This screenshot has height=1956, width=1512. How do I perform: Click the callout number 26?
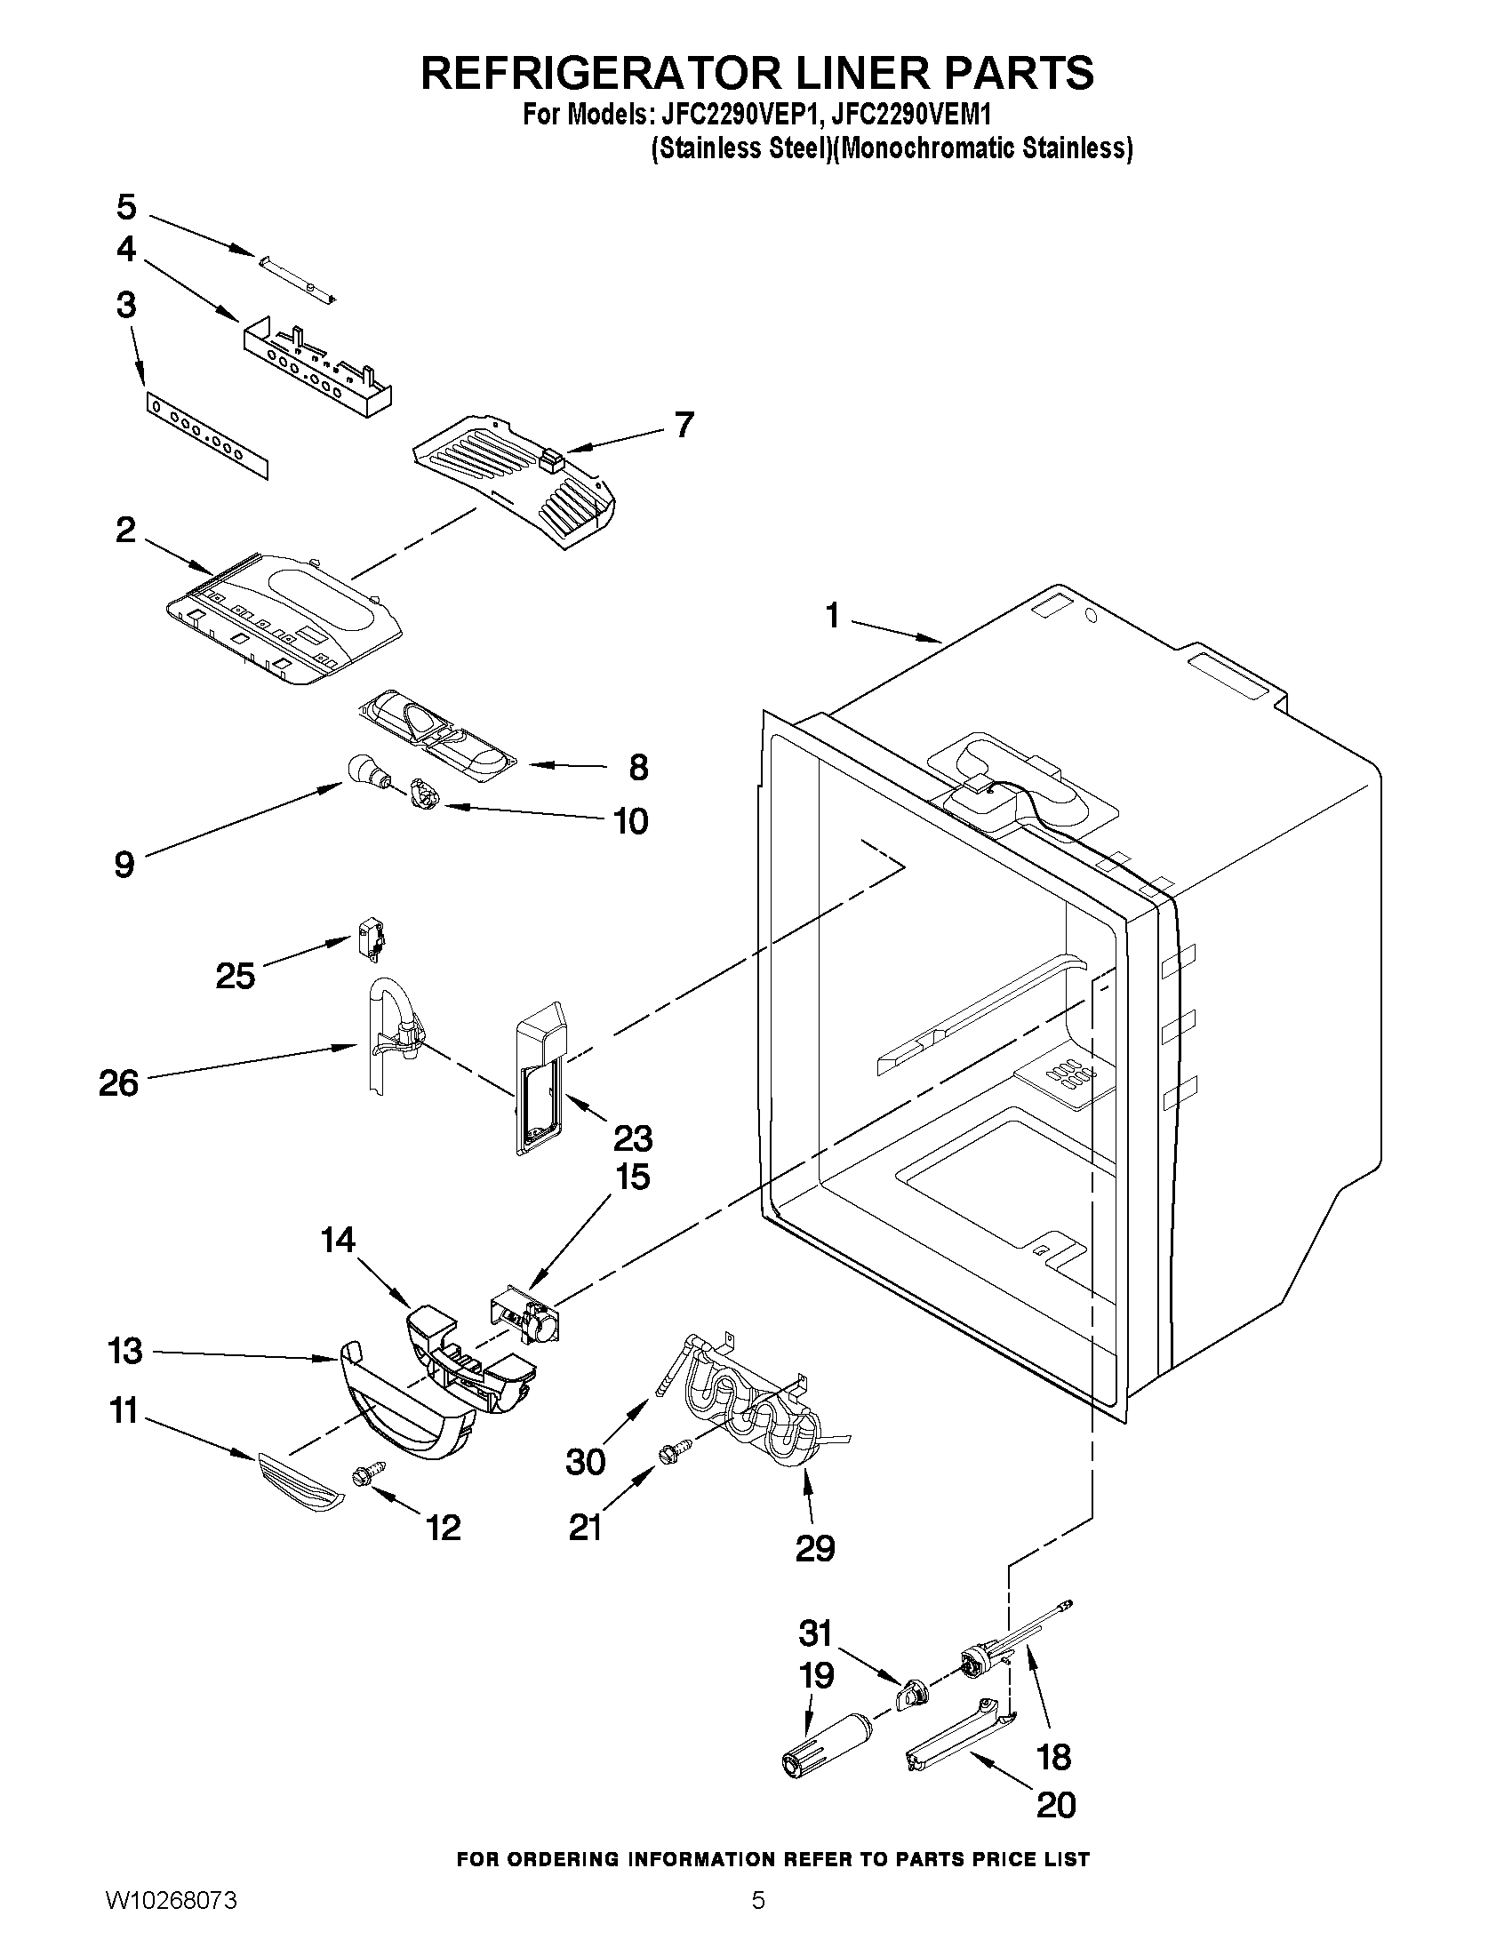(119, 1083)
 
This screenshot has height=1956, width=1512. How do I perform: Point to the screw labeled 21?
(675, 1454)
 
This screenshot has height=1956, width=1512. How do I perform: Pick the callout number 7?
(684, 425)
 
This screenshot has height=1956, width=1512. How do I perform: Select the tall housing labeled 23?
(540, 1074)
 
